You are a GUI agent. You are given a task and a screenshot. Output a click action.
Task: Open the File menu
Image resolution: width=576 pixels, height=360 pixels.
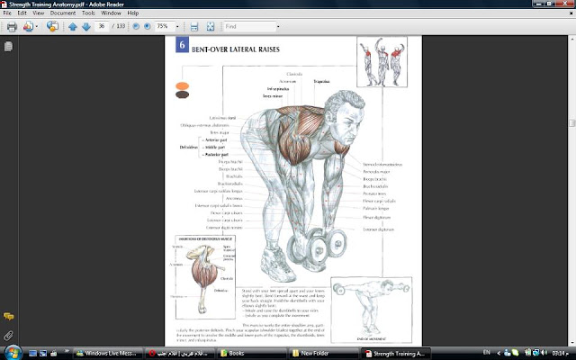click(x=7, y=14)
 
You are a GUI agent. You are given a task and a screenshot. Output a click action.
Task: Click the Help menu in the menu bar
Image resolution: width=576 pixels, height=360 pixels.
click(x=133, y=14)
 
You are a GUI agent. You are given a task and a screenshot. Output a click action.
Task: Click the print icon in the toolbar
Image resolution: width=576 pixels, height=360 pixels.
click(x=12, y=27)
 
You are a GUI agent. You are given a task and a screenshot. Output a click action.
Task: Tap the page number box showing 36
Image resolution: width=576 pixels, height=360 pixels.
click(x=102, y=27)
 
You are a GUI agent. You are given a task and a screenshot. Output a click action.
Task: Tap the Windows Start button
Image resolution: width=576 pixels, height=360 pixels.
click(x=9, y=352)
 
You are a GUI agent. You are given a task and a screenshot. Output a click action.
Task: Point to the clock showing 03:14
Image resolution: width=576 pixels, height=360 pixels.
click(x=559, y=353)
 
